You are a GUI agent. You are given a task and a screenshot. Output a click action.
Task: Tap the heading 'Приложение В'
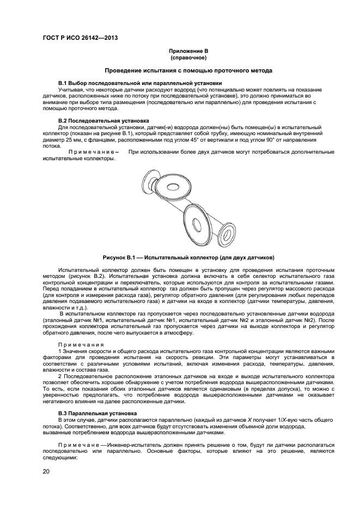pos(188,51)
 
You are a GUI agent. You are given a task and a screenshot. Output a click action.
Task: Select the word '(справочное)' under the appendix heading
pos(188,57)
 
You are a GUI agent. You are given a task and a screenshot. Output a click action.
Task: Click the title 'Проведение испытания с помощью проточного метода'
pos(188,71)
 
